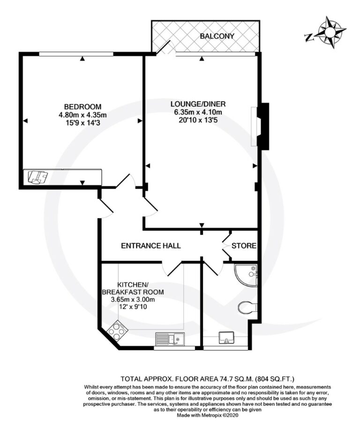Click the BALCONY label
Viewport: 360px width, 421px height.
[x=217, y=36]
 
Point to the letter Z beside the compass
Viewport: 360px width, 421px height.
[x=309, y=37]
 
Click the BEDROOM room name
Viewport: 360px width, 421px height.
[x=83, y=107]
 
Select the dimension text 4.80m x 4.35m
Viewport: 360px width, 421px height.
[x=83, y=115]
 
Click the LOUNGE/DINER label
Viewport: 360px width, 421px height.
[x=198, y=104]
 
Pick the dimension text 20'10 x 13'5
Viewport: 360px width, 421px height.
[x=198, y=120]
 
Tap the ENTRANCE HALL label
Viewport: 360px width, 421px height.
[x=151, y=246]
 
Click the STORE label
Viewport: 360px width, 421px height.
[x=244, y=246]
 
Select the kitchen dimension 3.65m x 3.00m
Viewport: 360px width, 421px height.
[x=133, y=300]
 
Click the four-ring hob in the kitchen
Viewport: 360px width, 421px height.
[x=117, y=331]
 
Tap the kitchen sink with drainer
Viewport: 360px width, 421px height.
[x=170, y=339]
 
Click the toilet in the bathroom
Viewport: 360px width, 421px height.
[x=247, y=307]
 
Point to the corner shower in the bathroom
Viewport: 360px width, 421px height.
[x=246, y=275]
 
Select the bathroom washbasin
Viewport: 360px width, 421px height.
[x=227, y=338]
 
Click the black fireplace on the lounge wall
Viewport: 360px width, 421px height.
[x=263, y=126]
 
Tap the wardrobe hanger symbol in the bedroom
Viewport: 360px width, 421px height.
[x=38, y=177]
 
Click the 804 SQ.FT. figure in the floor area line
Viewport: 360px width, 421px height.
[x=276, y=379]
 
